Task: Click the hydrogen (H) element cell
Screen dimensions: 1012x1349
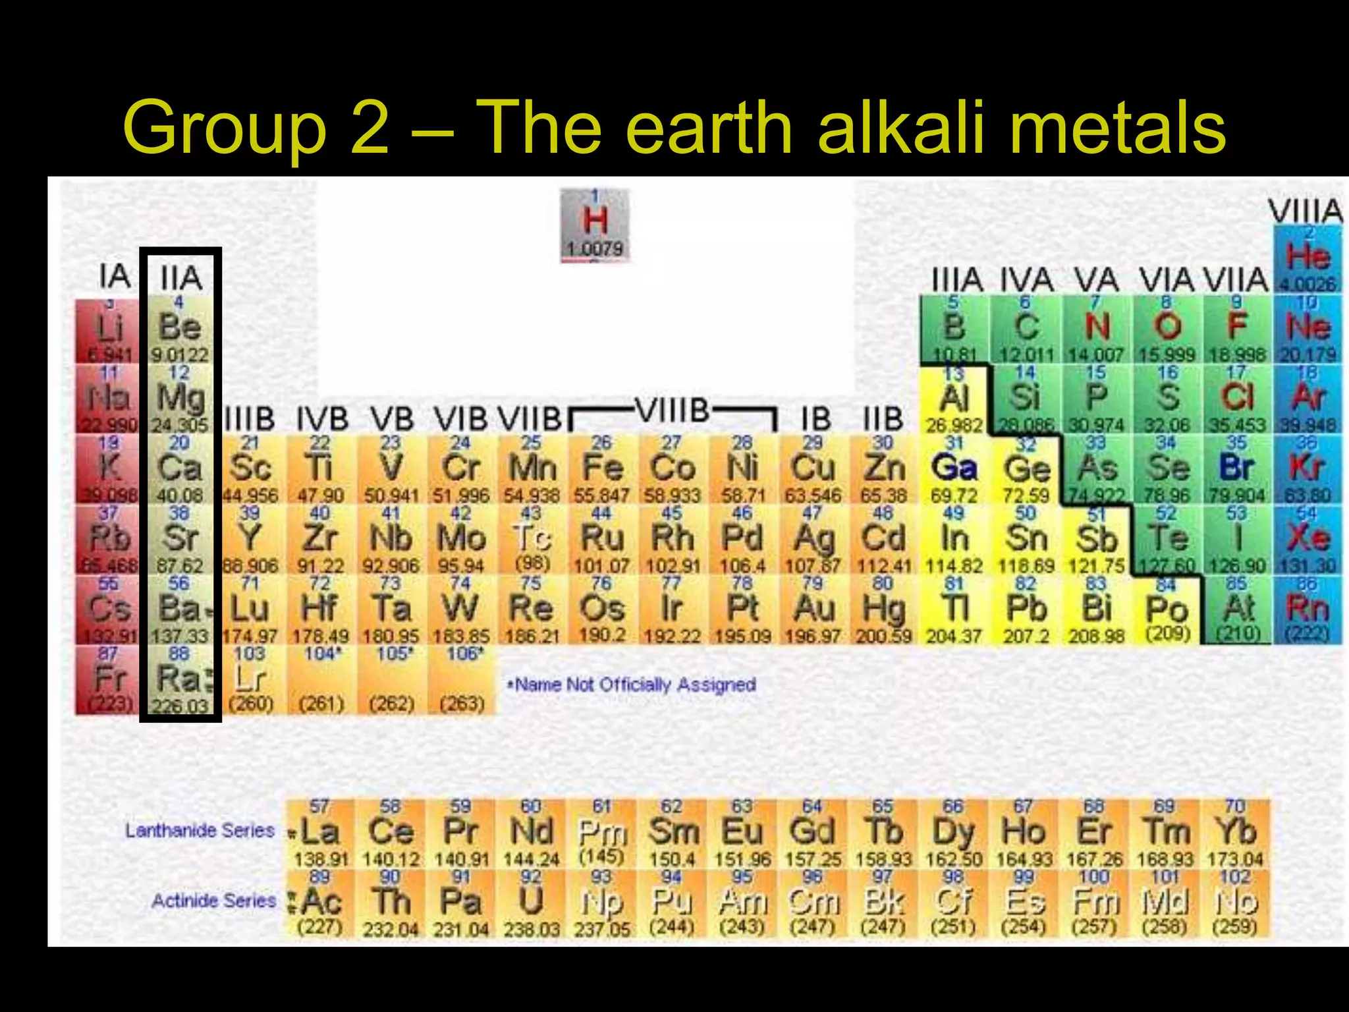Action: click(595, 225)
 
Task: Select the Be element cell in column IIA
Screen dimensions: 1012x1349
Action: click(180, 329)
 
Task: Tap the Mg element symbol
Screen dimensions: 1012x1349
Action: click(180, 398)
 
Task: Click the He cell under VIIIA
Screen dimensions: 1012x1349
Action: click(1308, 258)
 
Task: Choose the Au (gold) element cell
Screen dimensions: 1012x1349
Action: click(813, 610)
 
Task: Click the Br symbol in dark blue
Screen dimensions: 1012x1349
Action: click(1236, 468)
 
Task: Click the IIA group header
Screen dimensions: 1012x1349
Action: click(180, 277)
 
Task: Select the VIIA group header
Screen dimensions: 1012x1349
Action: click(1236, 280)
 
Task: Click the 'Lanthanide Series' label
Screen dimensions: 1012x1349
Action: click(200, 831)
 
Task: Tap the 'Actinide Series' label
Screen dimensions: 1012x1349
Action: click(213, 901)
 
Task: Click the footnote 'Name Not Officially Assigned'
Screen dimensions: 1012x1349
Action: click(633, 685)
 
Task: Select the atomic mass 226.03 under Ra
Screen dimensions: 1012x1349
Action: click(180, 706)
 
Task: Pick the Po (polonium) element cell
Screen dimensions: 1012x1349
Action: click(1167, 610)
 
